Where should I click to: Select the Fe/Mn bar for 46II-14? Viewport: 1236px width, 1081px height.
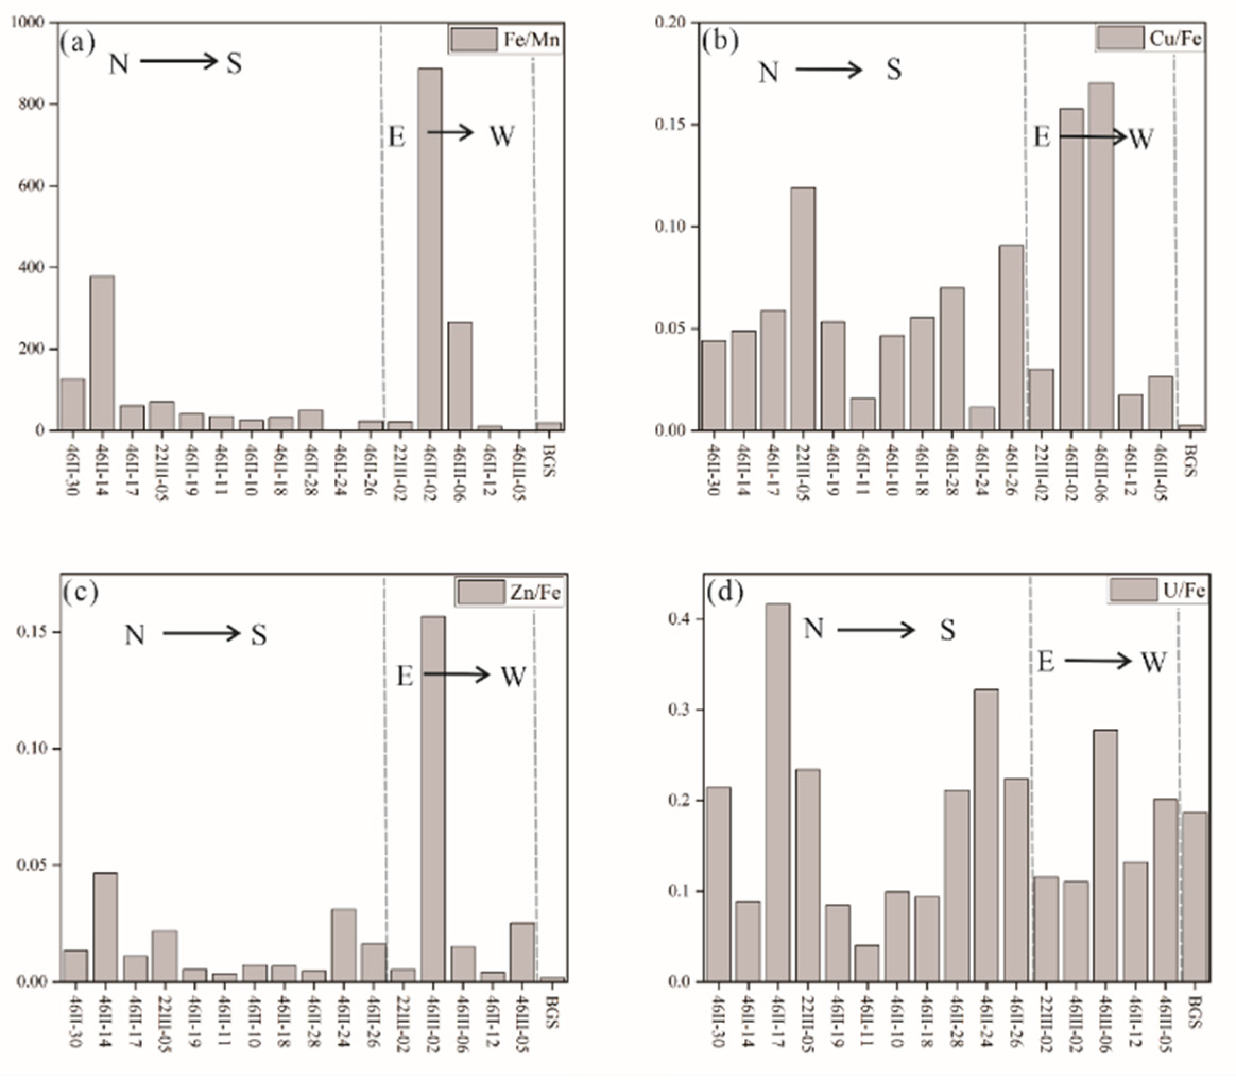(102, 353)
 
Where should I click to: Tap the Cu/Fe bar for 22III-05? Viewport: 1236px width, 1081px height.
(803, 308)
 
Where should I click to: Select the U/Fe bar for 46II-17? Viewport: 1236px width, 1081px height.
(777, 791)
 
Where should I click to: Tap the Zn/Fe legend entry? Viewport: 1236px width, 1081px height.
(509, 592)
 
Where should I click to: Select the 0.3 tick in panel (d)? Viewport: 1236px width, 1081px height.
(681, 710)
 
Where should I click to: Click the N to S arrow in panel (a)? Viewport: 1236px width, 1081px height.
(178, 61)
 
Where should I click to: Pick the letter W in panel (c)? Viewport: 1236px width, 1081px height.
(513, 676)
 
